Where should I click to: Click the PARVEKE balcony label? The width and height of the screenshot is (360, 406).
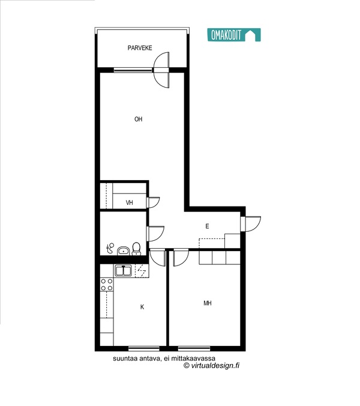[140, 48]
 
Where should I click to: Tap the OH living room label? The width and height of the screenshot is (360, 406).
[139, 119]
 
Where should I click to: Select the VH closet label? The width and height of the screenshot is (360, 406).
[130, 202]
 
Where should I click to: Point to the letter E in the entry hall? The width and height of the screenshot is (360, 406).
[207, 226]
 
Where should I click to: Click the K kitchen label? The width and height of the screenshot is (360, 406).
[142, 307]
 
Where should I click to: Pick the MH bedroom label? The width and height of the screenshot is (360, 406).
[208, 303]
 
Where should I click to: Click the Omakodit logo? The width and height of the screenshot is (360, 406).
[234, 35]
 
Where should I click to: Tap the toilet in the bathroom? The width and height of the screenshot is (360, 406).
[136, 249]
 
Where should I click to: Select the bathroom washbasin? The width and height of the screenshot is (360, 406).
[124, 250]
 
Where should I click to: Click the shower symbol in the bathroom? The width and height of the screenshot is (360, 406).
[110, 248]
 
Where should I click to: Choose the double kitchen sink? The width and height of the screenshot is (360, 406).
[124, 271]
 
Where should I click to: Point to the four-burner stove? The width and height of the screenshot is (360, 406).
[107, 284]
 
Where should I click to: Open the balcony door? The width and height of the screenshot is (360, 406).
[161, 70]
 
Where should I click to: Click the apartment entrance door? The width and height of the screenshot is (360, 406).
[251, 224]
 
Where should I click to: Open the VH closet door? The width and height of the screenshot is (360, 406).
[153, 202]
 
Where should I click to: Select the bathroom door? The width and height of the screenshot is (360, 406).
[155, 234]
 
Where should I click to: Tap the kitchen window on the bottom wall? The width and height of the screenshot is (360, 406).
[144, 348]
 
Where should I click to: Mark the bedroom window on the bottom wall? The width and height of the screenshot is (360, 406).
[194, 348]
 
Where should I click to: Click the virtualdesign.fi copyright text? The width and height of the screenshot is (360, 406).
[211, 365]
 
